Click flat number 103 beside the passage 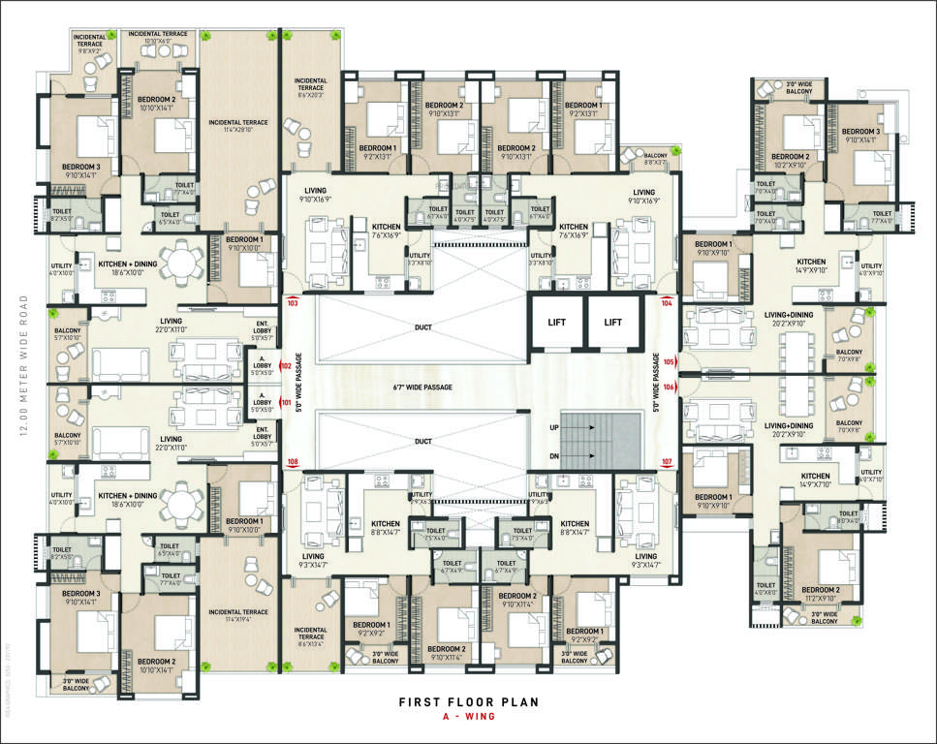[292, 302]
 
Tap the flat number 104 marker [667, 302]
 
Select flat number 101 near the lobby [285, 401]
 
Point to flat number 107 [667, 461]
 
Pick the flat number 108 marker [292, 462]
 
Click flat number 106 [669, 387]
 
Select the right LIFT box [613, 322]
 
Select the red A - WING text [468, 719]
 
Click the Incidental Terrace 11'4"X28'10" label [237, 123]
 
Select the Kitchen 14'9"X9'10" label [811, 266]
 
